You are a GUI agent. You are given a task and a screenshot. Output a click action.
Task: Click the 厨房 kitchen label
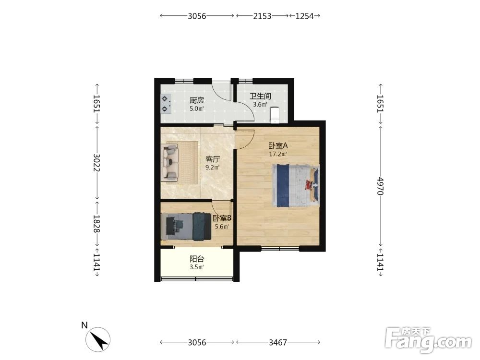coord(196,100)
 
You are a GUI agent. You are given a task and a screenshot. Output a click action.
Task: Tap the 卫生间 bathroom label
coord(260,96)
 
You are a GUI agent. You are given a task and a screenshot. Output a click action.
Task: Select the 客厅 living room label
coord(213,159)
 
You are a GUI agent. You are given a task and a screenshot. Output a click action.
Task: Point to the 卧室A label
coord(278,145)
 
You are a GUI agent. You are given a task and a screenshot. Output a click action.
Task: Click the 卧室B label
coord(222,218)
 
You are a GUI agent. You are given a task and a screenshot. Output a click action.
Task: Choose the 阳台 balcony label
coord(197,259)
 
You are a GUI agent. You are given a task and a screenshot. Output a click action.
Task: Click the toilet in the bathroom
coord(274,115)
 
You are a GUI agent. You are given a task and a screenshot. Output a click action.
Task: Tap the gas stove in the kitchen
coord(166,104)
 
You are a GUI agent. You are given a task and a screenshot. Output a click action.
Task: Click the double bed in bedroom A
coord(296,186)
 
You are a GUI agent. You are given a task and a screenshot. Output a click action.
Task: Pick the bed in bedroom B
coord(186,226)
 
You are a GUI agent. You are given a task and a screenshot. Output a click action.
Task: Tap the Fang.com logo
coord(428,340)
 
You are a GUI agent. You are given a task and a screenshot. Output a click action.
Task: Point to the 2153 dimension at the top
coord(262,16)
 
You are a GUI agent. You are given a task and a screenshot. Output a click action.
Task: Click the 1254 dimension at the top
coord(305,16)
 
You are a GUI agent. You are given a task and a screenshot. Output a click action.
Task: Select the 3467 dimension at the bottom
coord(277,342)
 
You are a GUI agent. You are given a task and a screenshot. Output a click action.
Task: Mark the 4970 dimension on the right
coord(380,186)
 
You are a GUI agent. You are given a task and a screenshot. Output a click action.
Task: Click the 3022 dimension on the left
coord(97,163)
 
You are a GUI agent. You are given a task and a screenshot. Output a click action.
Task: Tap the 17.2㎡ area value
coord(278,154)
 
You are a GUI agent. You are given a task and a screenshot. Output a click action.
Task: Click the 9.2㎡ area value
coord(213,168)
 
